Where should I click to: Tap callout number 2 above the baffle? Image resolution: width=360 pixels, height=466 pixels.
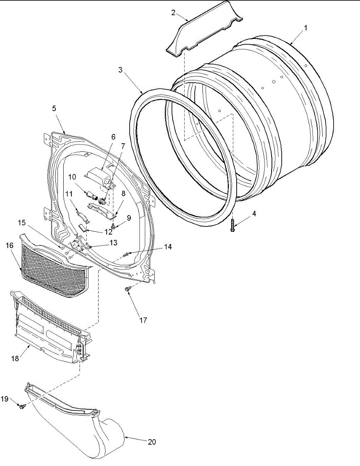tap(173, 12)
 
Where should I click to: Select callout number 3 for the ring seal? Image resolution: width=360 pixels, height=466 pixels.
tap(121, 70)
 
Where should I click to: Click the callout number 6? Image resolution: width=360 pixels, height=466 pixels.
tap(113, 137)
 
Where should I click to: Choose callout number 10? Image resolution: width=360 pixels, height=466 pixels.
tap(72, 177)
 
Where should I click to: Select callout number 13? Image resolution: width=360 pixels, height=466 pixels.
tap(113, 243)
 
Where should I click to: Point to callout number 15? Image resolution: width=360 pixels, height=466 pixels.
tap(21, 223)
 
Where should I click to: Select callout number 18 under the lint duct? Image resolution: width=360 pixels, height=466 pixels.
tap(15, 358)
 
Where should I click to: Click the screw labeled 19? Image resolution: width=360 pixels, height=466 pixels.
tap(22, 407)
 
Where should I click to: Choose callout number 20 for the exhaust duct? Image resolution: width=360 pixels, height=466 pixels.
tap(152, 442)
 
